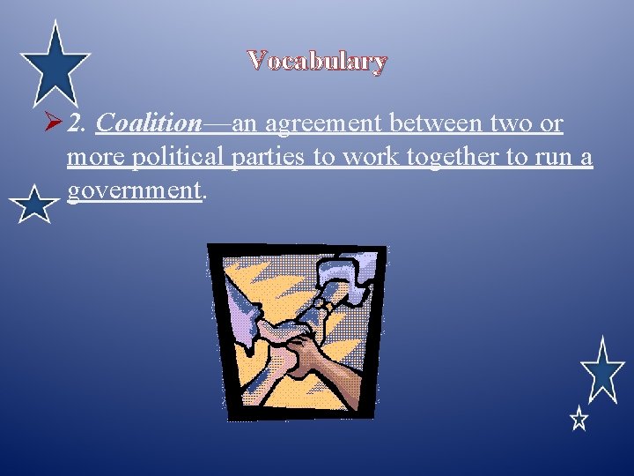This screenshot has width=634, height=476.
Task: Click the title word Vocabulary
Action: pyautogui.click(x=317, y=61)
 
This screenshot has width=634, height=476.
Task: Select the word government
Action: pyautogui.click(x=135, y=191)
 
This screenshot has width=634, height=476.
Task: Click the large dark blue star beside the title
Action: pyautogui.click(x=55, y=63)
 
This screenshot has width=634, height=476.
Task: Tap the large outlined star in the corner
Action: pyautogui.click(x=602, y=370)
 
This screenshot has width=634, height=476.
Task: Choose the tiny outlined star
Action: pyautogui.click(x=579, y=419)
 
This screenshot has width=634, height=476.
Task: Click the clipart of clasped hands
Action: pyautogui.click(x=296, y=331)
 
